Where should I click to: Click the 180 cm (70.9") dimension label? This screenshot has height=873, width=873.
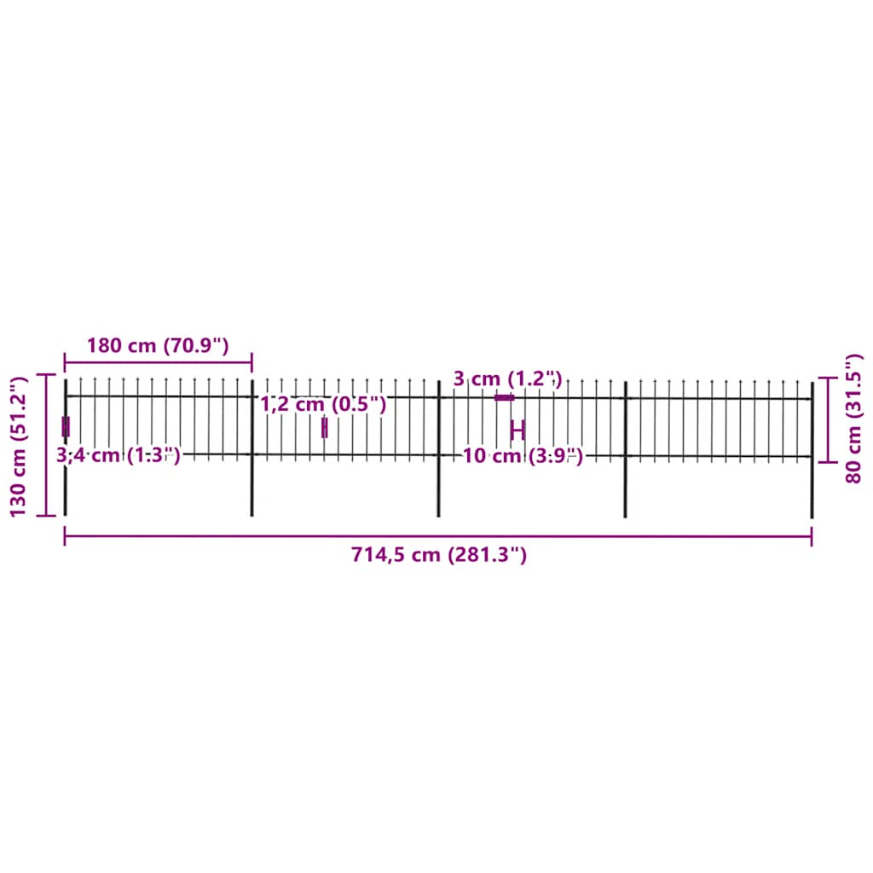pyautogui.click(x=158, y=346)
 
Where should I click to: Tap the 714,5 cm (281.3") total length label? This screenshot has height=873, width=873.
pyautogui.click(x=438, y=555)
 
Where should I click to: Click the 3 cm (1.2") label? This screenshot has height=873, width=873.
pyautogui.click(x=507, y=379)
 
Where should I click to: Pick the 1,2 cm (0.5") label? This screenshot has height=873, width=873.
pyautogui.click(x=323, y=405)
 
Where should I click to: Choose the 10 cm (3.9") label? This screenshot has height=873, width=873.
pyautogui.click(x=523, y=456)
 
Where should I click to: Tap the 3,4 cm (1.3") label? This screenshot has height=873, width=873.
pyautogui.click(x=118, y=455)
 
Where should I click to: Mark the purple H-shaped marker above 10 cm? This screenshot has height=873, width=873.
pyautogui.click(x=517, y=430)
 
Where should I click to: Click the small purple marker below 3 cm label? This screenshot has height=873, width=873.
pyautogui.click(x=505, y=397)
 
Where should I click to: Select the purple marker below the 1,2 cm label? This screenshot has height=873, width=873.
pyautogui.click(x=324, y=428)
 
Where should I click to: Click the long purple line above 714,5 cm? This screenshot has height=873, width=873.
pyautogui.click(x=438, y=536)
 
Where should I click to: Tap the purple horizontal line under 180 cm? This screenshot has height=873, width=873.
pyautogui.click(x=158, y=362)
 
